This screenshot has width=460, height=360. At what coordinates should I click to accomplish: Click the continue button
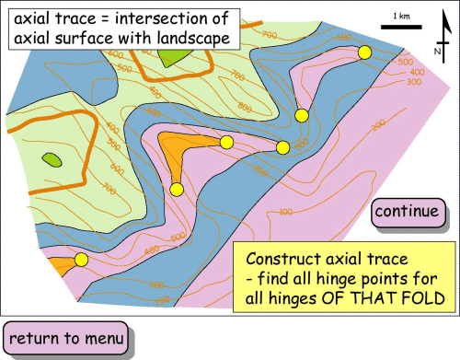click(x=406, y=212)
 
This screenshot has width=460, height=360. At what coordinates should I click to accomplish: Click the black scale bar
click(x=400, y=28)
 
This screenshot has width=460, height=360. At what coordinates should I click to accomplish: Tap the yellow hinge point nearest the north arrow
click(x=364, y=53)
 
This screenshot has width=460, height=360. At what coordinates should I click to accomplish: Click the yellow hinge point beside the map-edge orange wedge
click(x=81, y=260)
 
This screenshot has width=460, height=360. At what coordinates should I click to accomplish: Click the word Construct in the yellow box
click(x=282, y=260)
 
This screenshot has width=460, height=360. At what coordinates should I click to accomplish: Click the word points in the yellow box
click(x=374, y=279)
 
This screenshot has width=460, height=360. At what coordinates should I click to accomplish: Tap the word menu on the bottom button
click(x=102, y=338)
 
